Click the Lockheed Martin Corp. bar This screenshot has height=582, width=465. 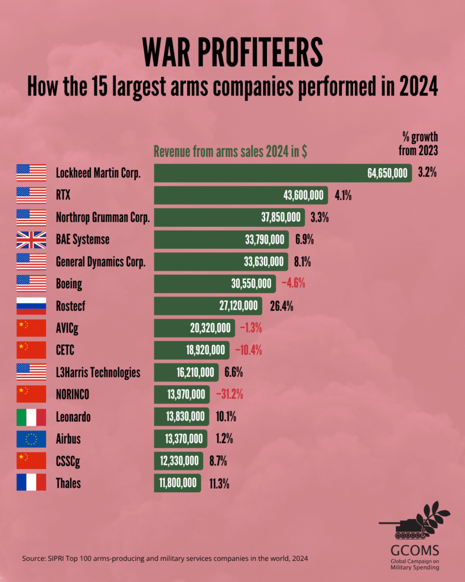pyautogui.click(x=283, y=173)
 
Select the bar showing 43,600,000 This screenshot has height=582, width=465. pyautogui.click(x=241, y=195)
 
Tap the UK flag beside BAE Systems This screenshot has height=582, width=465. pyautogui.click(x=31, y=239)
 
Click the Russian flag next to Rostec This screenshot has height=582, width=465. pyautogui.click(x=31, y=306)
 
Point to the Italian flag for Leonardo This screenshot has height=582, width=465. pyautogui.click(x=31, y=417)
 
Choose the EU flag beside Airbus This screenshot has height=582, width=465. pyautogui.click(x=31, y=439)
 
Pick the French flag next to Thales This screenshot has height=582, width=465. pyautogui.click(x=31, y=483)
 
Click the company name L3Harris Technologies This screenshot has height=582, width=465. pyautogui.click(x=98, y=372)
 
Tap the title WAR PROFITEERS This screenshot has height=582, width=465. pyautogui.click(x=232, y=53)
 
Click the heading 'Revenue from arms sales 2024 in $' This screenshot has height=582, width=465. pyautogui.click(x=231, y=152)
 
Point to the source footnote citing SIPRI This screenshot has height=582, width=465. pyautogui.click(x=165, y=559)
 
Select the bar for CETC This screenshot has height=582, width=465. pyautogui.click(x=191, y=350)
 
